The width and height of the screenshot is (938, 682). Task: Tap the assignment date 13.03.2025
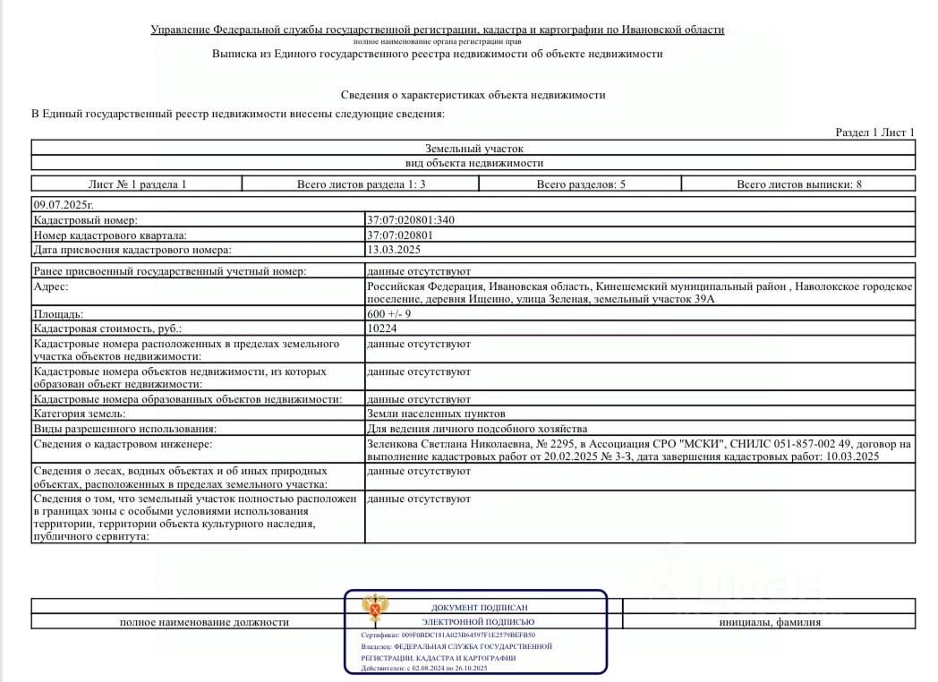(x=394, y=251)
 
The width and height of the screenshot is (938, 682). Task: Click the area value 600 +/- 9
(x=389, y=314)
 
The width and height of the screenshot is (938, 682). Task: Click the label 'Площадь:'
(x=58, y=314)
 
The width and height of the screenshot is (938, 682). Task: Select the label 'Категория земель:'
(x=80, y=413)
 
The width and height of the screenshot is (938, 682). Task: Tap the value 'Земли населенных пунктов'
(x=436, y=413)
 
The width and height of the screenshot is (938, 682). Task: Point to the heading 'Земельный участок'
(x=473, y=149)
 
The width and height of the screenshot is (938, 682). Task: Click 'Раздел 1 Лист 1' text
(x=874, y=132)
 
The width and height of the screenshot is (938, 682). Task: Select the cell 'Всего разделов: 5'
(x=580, y=184)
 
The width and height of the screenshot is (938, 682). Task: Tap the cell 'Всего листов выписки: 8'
(x=798, y=184)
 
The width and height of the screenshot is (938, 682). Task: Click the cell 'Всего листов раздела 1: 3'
(x=361, y=184)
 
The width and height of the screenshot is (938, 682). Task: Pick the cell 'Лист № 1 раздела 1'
(x=137, y=184)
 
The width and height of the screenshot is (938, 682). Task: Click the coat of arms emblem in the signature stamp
(x=374, y=610)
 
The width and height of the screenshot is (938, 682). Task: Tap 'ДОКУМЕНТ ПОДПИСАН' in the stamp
(x=478, y=607)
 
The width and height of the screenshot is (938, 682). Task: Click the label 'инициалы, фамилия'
(x=769, y=622)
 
